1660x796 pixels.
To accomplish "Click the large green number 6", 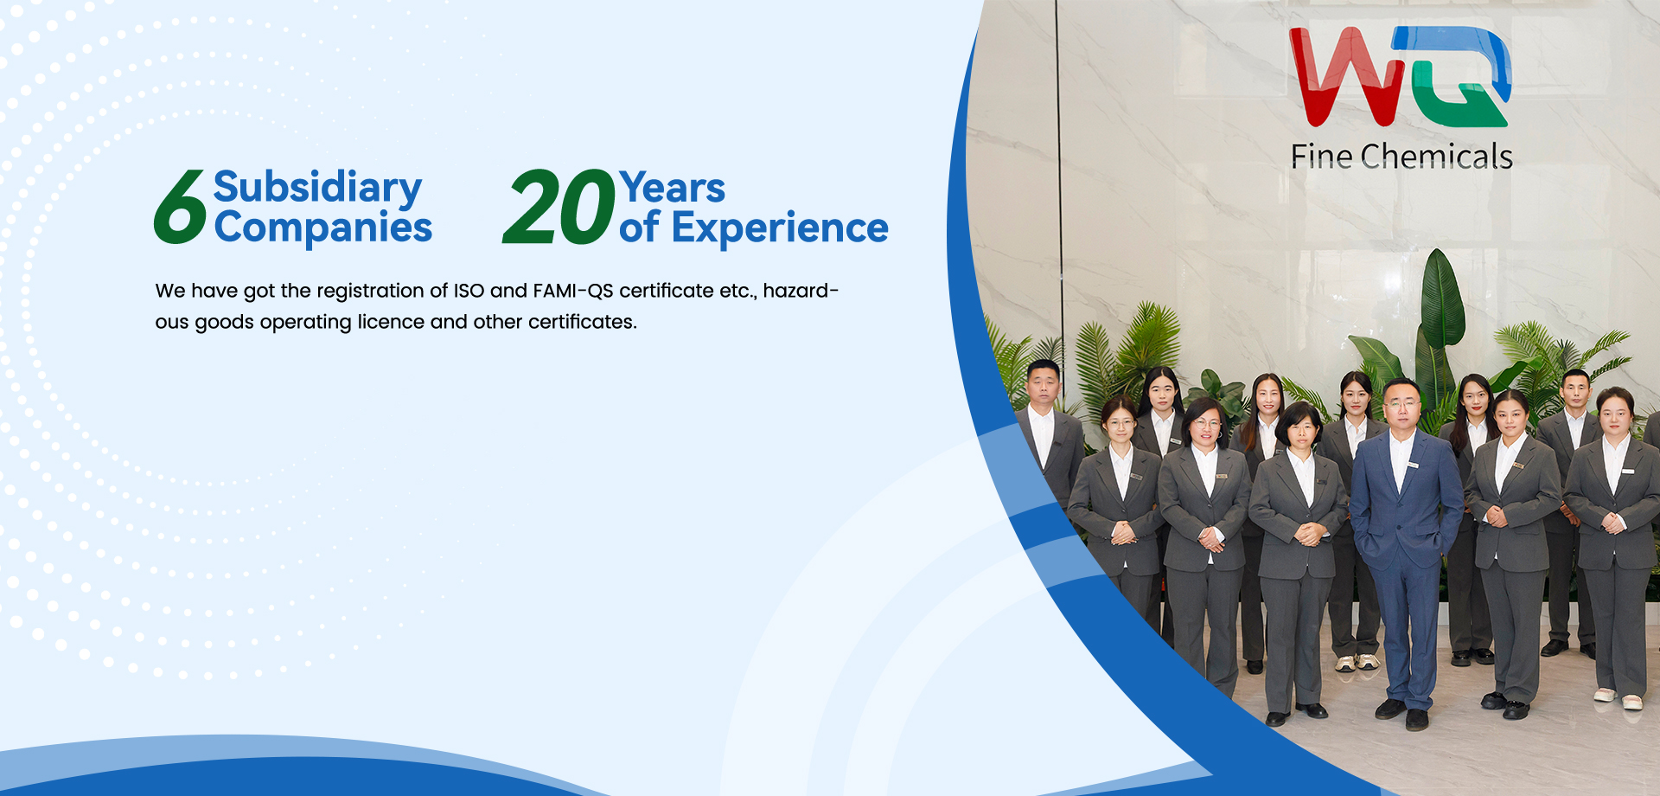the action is (180, 207).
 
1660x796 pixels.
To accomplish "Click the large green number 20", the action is (559, 207).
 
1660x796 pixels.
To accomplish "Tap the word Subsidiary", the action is (317, 187).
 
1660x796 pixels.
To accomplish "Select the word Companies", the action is (322, 228).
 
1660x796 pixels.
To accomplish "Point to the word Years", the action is (672, 188).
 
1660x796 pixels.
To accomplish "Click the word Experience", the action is (780, 228).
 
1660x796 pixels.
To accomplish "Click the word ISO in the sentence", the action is (469, 291).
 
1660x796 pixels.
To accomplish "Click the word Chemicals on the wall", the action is (1436, 157).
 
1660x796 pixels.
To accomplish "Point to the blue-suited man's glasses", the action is (1401, 404).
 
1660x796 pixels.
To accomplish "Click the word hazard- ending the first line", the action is (801, 291).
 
